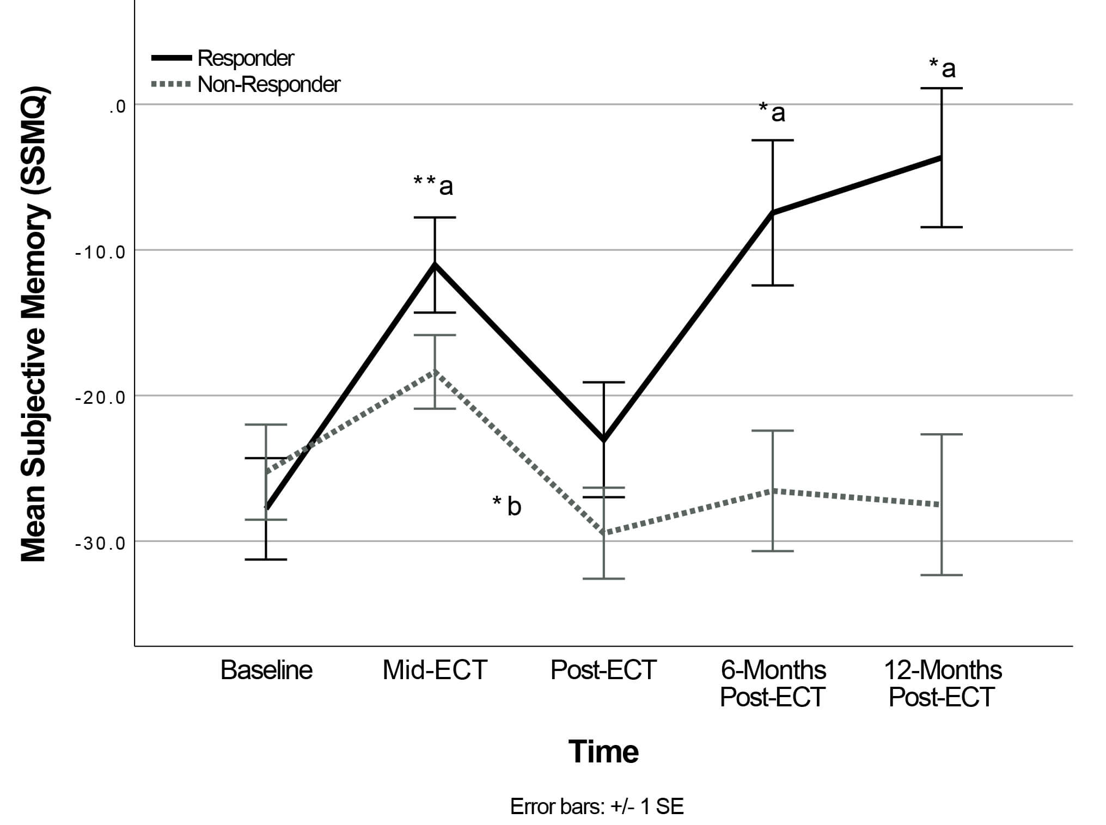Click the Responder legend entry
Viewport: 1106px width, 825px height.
coord(245,58)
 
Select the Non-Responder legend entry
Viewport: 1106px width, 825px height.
coord(268,85)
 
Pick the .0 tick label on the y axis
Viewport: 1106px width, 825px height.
coord(117,107)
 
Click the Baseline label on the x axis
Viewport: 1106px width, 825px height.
coord(266,670)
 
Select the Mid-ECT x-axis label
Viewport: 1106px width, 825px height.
coord(435,670)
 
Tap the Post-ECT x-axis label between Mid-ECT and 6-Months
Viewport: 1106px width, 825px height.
coord(603,670)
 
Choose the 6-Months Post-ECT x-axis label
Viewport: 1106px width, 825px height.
coord(773,684)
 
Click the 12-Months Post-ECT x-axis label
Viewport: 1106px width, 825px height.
coord(942,684)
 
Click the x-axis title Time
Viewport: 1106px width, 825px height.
coord(603,752)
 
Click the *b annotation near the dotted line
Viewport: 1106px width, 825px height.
coord(507,506)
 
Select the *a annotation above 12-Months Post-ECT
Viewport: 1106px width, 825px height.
coord(942,69)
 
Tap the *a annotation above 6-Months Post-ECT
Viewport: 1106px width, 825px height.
coord(772,112)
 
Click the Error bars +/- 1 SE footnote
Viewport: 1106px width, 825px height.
coord(597,806)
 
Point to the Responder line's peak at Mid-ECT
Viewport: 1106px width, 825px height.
coord(435,264)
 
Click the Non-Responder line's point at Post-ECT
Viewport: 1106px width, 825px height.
coord(604,533)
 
